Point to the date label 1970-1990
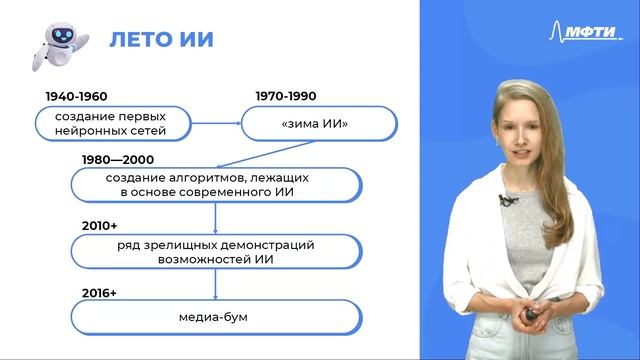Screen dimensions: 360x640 coord(284,96)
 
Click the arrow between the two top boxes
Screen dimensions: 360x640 coord(212,124)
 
